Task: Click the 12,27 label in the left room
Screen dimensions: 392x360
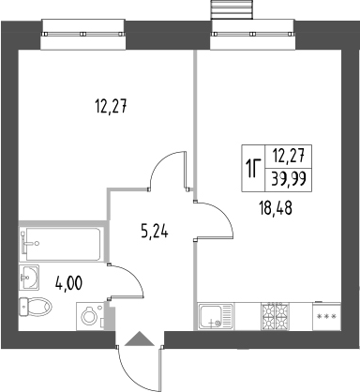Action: coord(110,106)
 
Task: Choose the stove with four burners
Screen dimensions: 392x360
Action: coord(277,317)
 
